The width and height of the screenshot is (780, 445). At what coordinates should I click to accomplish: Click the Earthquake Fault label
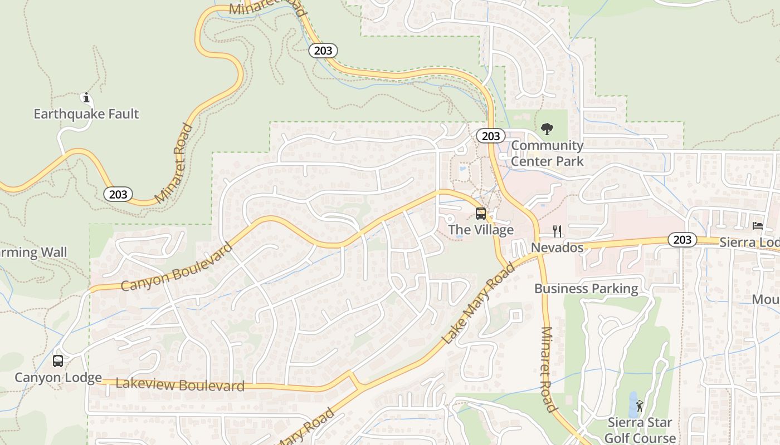point(86,114)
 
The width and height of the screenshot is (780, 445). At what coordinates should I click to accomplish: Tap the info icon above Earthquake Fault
point(86,98)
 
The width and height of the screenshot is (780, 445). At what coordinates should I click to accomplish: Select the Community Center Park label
point(547,154)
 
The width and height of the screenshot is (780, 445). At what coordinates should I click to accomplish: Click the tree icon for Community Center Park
point(547,129)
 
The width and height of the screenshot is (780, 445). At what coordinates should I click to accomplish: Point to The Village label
point(481,230)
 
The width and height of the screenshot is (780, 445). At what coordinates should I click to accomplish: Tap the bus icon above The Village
point(480,214)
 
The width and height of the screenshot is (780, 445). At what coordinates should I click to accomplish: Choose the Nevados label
point(557,248)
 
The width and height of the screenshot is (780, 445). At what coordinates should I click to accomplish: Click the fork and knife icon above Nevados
point(557,231)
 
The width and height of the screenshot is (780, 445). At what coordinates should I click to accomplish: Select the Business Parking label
point(586,289)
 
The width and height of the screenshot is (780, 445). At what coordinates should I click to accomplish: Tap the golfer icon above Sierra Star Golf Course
point(640,407)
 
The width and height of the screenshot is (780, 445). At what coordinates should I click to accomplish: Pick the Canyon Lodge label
point(58,378)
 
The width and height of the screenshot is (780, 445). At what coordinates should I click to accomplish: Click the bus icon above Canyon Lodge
point(58,361)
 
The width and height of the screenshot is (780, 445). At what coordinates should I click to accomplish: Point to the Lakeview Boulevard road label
point(180,384)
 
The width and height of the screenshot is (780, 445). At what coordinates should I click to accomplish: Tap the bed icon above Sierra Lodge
point(758,226)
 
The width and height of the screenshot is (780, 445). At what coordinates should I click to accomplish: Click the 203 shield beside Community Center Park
point(490,136)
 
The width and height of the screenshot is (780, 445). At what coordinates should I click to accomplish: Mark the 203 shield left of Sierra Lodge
point(682,240)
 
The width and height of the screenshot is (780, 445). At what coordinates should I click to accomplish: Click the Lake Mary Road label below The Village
point(478,304)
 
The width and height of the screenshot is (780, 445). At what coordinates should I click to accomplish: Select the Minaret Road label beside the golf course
point(549,370)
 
